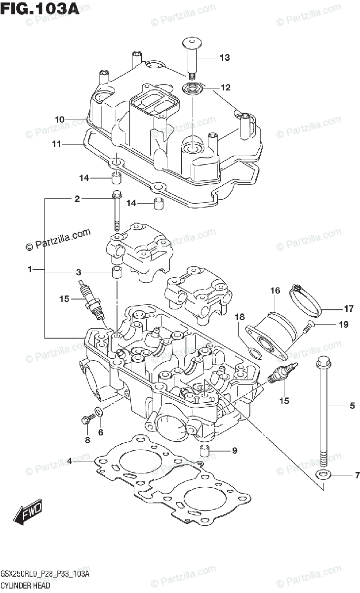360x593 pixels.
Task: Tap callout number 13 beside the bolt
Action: click(x=225, y=58)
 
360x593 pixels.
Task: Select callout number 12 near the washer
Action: click(x=225, y=88)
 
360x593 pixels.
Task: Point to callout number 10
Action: click(x=60, y=119)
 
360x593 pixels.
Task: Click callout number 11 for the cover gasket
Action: click(x=56, y=144)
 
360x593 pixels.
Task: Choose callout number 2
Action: click(x=77, y=199)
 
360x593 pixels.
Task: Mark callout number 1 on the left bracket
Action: click(x=30, y=270)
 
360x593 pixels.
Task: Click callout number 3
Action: click(x=78, y=272)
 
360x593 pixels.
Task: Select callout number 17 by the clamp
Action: click(x=349, y=309)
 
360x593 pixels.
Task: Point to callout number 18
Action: click(x=240, y=317)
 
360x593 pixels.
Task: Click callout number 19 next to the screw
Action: click(x=344, y=325)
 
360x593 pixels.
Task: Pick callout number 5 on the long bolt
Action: click(x=352, y=406)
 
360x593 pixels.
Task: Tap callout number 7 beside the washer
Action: click(x=357, y=475)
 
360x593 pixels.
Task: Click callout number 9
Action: click(x=235, y=450)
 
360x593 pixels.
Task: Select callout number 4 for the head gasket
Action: click(x=70, y=461)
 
